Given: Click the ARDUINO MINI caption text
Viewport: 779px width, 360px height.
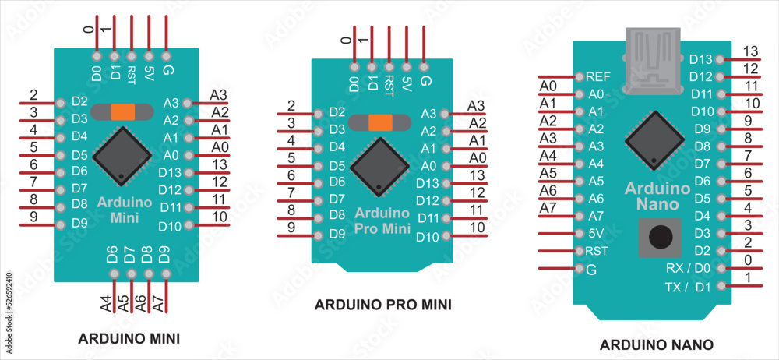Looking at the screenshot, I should tap(129, 339).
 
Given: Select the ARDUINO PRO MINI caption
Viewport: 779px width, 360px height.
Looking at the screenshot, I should tap(383, 305).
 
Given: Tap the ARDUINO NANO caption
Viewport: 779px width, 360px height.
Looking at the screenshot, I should tap(657, 344).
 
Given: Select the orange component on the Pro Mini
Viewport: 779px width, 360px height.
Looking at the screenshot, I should tap(379, 122).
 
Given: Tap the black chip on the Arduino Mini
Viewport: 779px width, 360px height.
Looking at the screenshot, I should tap(122, 156).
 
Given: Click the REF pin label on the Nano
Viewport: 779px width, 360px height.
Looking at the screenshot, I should tap(598, 77).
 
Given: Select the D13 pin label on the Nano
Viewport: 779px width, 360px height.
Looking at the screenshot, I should tap(701, 59).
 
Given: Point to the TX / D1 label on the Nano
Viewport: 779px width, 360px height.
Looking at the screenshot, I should tap(688, 286).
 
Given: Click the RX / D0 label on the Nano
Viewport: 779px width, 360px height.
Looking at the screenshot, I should tap(689, 268).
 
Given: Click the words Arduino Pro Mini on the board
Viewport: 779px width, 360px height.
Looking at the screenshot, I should tap(382, 221).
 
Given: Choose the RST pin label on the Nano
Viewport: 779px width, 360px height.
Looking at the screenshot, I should tap(596, 251).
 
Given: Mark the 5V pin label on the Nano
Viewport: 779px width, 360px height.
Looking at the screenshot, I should tap(595, 233).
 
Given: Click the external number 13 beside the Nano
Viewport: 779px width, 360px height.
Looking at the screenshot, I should tap(750, 51).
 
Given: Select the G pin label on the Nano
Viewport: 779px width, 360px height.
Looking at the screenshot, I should tap(590, 270).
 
